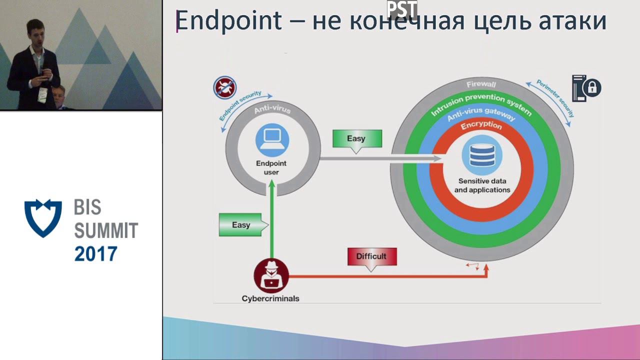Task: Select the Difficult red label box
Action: [371, 256]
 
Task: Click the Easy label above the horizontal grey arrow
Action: [356, 138]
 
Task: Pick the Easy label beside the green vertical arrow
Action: [240, 225]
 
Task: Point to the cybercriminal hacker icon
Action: [271, 275]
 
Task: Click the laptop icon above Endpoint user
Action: [272, 139]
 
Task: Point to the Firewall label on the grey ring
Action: [481, 84]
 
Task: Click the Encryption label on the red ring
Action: [481, 125]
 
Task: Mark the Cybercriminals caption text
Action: [270, 298]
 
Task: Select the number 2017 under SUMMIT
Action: [95, 254]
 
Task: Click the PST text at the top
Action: [401, 8]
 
